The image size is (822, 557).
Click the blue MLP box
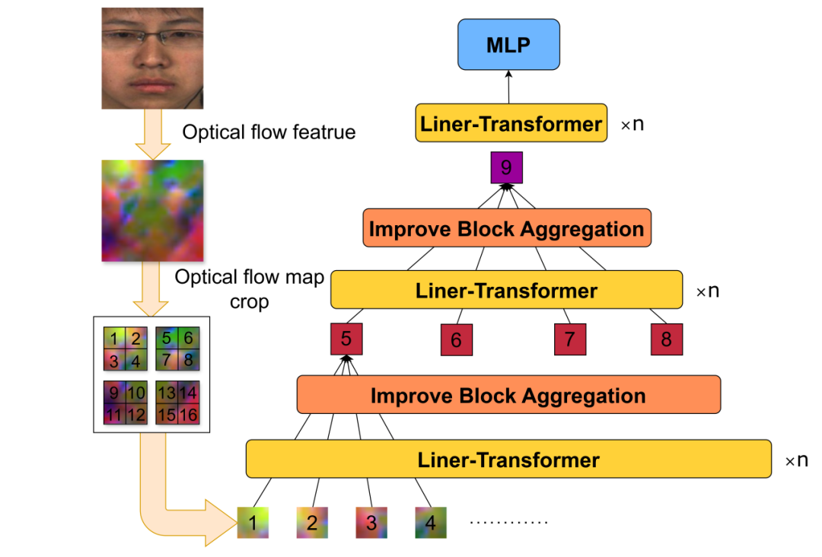(508, 45)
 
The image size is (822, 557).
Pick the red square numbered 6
(457, 340)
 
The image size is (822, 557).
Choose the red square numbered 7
(569, 339)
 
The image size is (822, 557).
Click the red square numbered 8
(667, 339)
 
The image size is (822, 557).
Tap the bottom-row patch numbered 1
(253, 523)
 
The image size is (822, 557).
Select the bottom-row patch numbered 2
(312, 523)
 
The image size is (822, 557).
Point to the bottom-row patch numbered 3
(371, 523)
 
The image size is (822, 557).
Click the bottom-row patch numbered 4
(431, 523)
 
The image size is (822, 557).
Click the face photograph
(153, 59)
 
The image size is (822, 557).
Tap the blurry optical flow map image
(153, 211)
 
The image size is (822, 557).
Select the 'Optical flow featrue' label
(269, 132)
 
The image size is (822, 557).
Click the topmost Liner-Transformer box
(511, 123)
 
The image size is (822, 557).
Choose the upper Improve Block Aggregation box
(506, 228)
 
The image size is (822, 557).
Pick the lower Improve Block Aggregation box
(508, 395)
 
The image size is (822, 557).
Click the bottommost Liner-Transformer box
(508, 459)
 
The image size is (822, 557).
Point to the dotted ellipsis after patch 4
(509, 523)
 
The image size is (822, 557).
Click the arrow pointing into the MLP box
(508, 86)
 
